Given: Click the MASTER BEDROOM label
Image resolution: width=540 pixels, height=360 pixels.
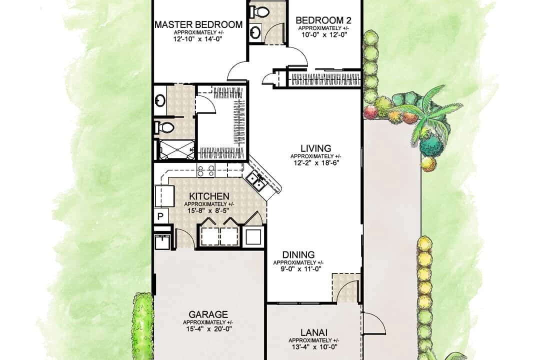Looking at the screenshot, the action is (x=198, y=24).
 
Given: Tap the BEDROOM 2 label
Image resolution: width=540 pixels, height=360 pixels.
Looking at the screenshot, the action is (x=323, y=20).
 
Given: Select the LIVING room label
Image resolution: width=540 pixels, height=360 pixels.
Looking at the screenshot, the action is (x=316, y=148).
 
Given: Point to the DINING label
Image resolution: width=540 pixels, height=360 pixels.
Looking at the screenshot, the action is (x=298, y=255).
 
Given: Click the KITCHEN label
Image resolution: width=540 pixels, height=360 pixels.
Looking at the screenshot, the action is (x=209, y=196).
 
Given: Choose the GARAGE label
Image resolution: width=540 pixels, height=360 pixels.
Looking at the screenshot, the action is (x=208, y=314).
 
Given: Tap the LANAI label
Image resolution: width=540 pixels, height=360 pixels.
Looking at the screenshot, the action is (x=313, y=333).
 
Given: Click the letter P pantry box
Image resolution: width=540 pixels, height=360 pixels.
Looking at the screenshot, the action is (x=160, y=216).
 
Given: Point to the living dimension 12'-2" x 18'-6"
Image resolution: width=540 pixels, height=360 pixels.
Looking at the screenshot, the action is (x=316, y=162).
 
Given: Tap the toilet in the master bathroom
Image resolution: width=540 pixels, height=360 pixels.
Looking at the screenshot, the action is (x=164, y=128).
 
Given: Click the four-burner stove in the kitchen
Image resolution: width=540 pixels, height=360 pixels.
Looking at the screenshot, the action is (x=205, y=171).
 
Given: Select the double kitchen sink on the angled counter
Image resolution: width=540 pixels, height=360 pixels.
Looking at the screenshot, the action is (x=256, y=182).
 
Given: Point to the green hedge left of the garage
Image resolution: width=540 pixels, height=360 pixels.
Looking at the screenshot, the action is (x=142, y=325).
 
